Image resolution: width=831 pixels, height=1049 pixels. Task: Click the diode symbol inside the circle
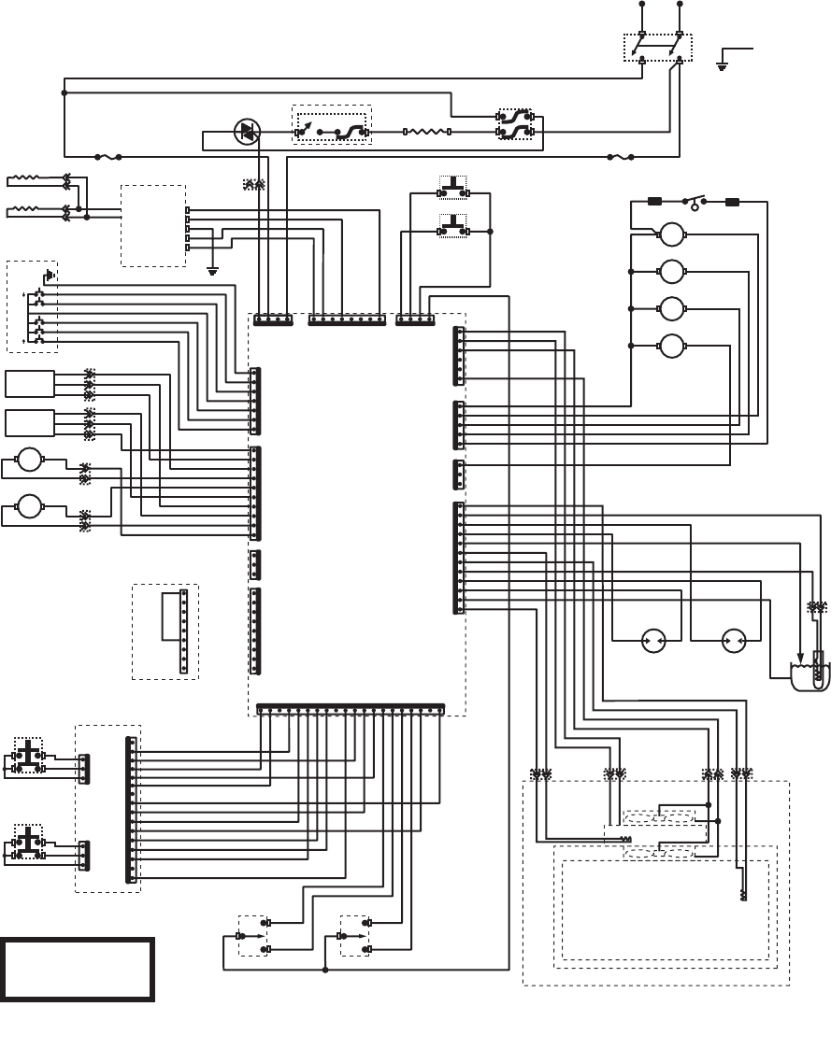point(248,133)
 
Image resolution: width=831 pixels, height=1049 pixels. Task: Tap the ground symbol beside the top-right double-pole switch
point(722,66)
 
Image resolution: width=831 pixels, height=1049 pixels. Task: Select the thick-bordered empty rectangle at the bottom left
point(77,971)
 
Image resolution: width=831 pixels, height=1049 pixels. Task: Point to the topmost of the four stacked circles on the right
point(673,234)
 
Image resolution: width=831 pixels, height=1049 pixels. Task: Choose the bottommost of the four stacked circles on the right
point(673,347)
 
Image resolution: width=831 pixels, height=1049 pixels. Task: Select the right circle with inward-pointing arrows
point(734,642)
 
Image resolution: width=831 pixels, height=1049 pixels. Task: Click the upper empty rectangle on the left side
point(30,384)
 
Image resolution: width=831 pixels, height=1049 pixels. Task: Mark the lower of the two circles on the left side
point(30,505)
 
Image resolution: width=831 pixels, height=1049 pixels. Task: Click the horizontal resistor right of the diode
point(428,133)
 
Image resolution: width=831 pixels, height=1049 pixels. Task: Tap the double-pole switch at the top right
point(658,49)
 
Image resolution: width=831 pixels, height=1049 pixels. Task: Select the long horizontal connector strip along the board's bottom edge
point(350,708)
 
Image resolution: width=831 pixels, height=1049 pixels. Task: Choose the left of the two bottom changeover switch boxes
point(252,935)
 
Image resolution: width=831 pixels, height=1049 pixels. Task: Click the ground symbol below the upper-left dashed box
point(213,272)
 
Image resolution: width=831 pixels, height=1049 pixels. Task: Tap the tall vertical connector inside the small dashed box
point(184,631)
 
